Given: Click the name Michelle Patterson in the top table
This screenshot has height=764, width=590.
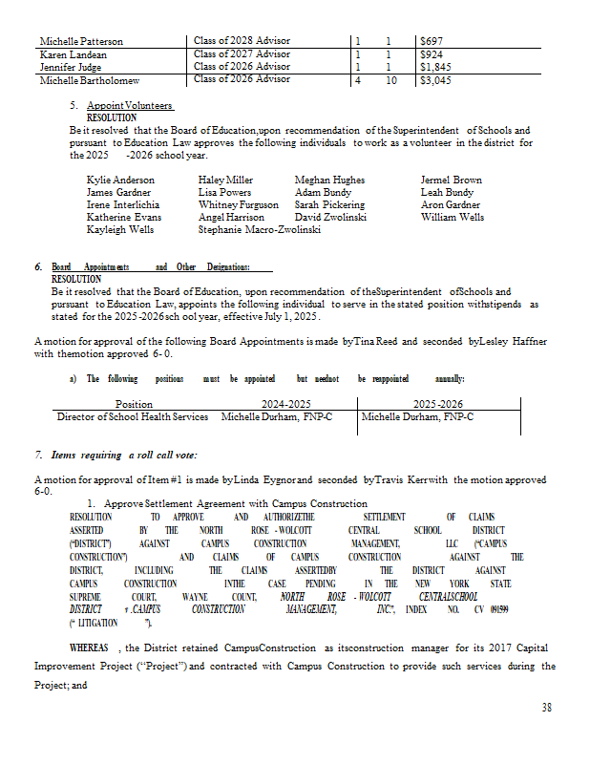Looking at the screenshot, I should [81, 41].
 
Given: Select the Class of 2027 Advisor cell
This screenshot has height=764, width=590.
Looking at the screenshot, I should [242, 53].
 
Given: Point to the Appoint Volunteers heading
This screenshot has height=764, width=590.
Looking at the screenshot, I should [129, 105].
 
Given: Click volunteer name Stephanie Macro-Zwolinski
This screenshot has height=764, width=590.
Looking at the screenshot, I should [259, 230].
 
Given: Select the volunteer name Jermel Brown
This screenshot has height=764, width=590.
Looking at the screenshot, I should [451, 180].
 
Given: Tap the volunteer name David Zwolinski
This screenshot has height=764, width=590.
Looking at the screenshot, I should [330, 218].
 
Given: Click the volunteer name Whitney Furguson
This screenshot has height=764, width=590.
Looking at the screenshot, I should [239, 204].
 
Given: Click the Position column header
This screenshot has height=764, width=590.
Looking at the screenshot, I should [133, 403].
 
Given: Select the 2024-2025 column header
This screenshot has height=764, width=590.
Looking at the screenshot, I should [286, 403].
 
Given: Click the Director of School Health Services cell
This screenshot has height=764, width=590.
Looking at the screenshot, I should [133, 416].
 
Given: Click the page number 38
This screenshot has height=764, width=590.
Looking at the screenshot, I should [546, 706].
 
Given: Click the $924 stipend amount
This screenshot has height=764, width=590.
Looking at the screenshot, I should [432, 53].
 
